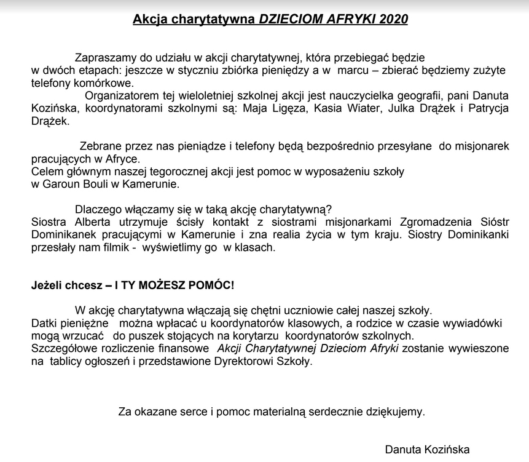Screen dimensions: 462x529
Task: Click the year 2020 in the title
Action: coord(394,19)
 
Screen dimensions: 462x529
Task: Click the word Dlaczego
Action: coord(98,209)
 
